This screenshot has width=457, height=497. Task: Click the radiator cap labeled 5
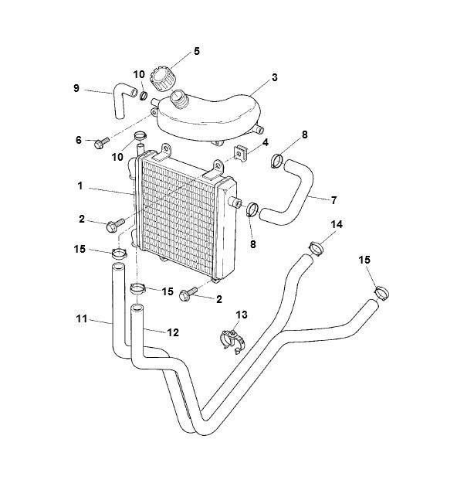point(165,77)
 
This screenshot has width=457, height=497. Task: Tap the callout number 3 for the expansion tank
point(275,78)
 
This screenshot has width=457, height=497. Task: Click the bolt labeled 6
point(100,144)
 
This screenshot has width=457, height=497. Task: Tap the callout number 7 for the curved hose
point(334,200)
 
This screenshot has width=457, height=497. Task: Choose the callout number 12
point(173,332)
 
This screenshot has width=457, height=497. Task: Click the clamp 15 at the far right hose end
point(381,292)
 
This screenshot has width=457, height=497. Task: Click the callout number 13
point(242,315)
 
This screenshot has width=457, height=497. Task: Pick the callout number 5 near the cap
point(196,51)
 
